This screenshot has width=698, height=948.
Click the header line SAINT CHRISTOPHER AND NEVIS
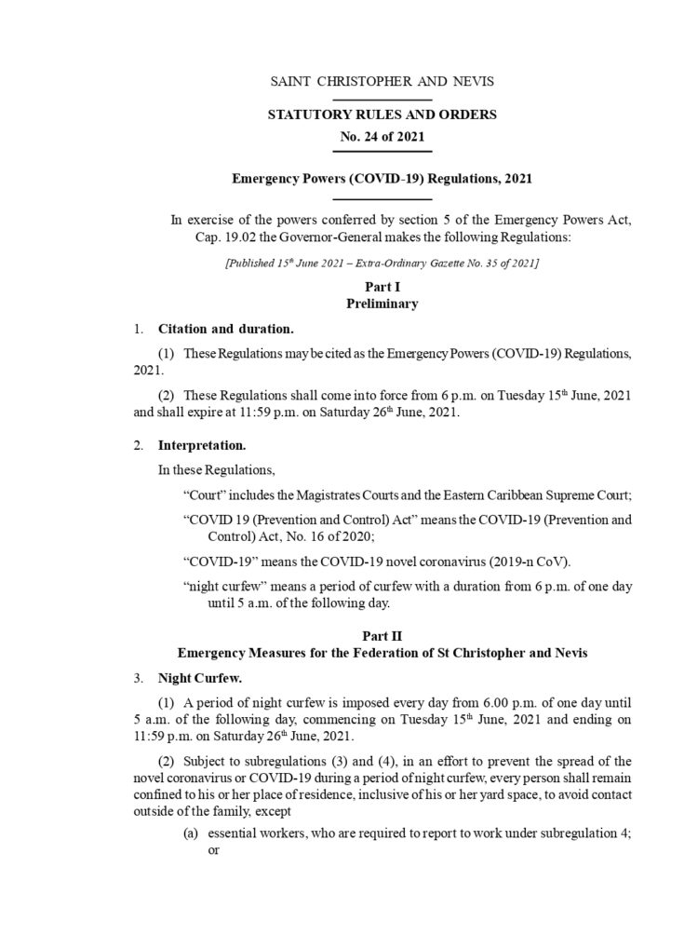pos(382,82)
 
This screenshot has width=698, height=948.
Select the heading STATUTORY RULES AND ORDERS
pos(382,115)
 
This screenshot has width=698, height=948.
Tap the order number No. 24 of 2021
pos(382,135)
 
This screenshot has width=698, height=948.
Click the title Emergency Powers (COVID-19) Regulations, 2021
pos(382,177)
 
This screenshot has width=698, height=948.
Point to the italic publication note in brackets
pos(382,264)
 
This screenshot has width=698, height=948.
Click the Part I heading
pos(382,289)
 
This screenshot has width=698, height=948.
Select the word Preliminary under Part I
pos(382,304)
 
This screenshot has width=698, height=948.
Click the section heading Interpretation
pos(202,446)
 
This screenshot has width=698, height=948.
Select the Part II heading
pos(382,637)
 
